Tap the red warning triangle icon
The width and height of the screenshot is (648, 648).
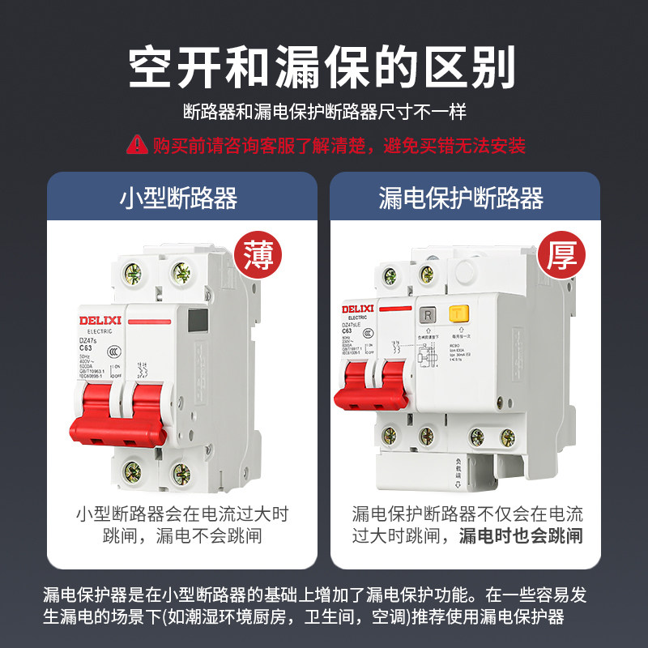tap(135, 145)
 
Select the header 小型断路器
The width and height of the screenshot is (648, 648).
tap(179, 198)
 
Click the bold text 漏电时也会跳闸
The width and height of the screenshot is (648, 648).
tap(520, 535)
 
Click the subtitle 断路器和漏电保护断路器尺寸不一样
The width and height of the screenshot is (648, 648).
tap(324, 113)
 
